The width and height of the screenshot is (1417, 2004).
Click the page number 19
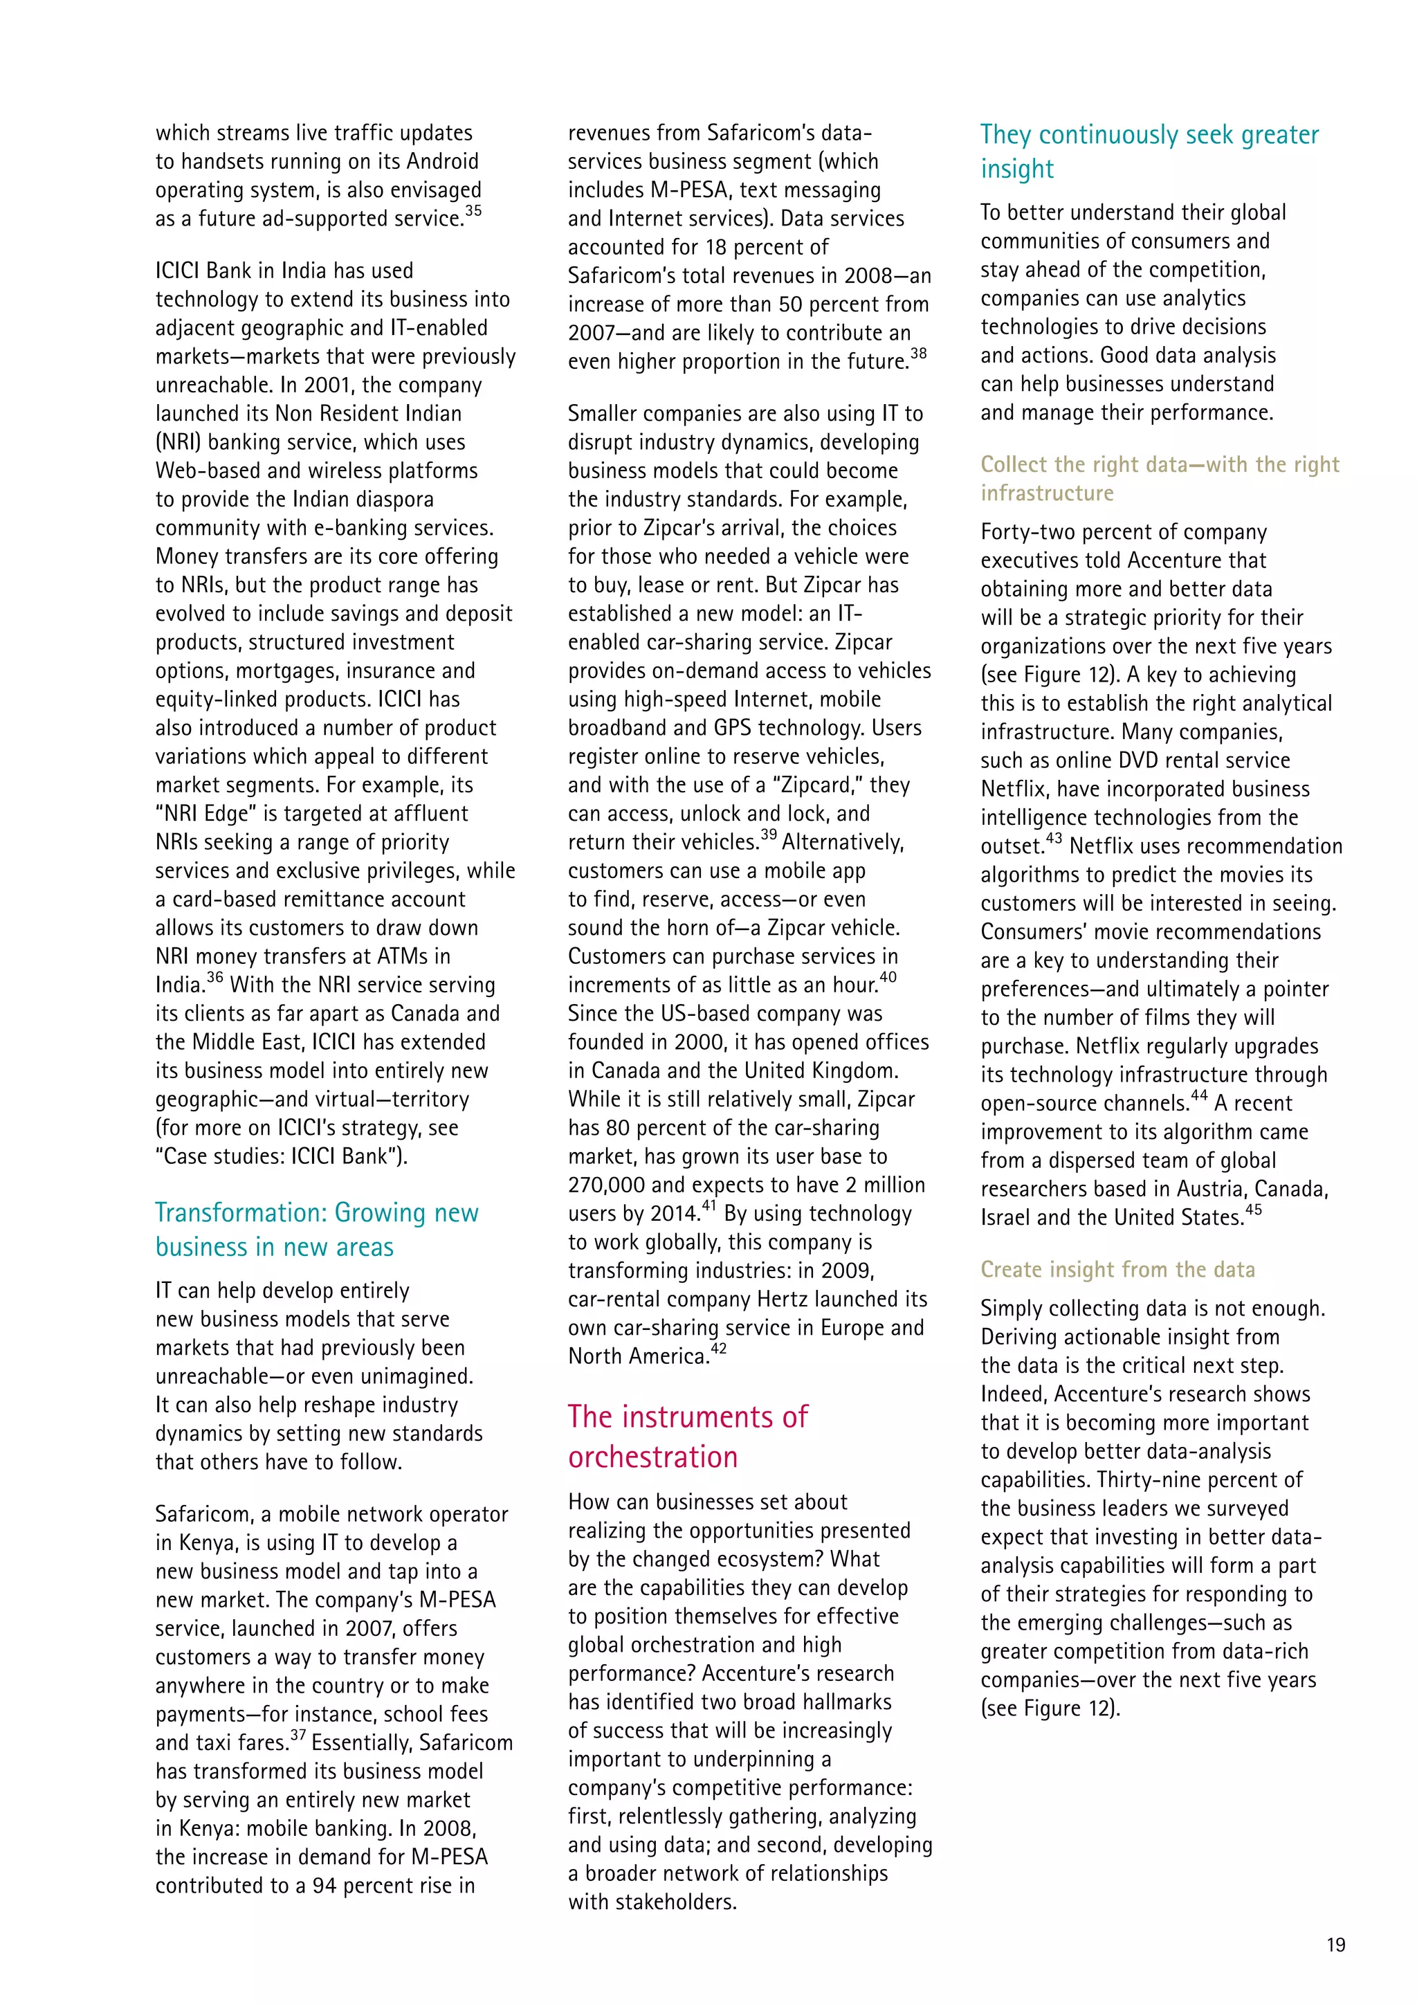pos(1335,1944)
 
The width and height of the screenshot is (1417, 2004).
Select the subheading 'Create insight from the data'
pos(1117,1269)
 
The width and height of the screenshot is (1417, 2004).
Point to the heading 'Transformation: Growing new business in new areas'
pos(317,1229)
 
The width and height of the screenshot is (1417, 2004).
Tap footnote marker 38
pos(918,354)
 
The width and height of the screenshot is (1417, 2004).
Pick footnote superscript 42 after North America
pos(718,1349)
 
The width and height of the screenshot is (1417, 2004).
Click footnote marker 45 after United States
pos(1253,1210)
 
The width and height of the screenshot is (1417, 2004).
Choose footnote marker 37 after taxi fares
pos(298,1736)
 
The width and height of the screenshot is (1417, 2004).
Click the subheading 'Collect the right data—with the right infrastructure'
pos(1159,478)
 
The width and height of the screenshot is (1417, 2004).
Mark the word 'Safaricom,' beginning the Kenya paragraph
pos(204,1514)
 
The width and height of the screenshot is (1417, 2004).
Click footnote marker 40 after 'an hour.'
pos(888,978)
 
